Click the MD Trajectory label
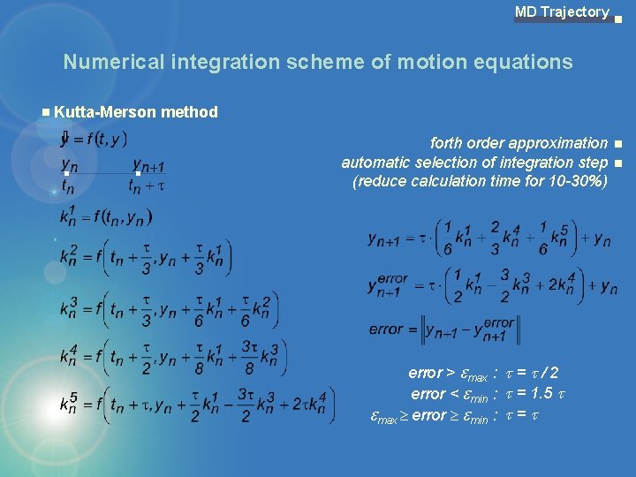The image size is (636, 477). (x=562, y=12)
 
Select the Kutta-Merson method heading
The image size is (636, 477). (x=135, y=112)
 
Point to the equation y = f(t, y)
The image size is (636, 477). (x=95, y=139)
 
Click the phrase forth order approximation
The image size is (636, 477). (x=519, y=143)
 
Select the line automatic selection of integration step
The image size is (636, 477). (x=474, y=163)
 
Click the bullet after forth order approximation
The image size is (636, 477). (x=619, y=144)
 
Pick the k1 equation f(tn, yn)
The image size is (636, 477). (x=106, y=216)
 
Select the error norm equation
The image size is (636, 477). (x=443, y=329)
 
